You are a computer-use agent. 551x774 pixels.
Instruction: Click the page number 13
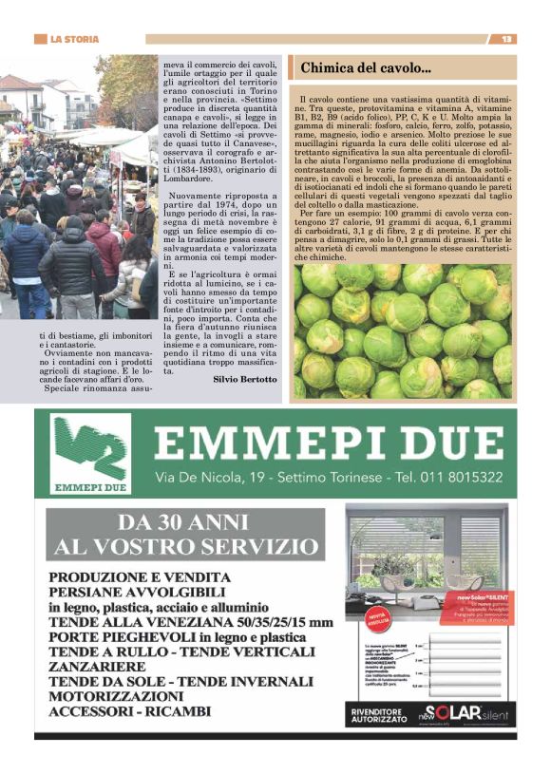507,39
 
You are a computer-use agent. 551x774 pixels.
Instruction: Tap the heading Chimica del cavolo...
366,67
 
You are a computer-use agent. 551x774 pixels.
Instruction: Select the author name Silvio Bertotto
247,378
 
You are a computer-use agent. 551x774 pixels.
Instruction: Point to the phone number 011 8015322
459,477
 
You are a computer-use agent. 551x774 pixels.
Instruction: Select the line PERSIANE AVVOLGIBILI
142,593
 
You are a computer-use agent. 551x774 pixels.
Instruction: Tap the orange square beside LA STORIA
40,39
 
